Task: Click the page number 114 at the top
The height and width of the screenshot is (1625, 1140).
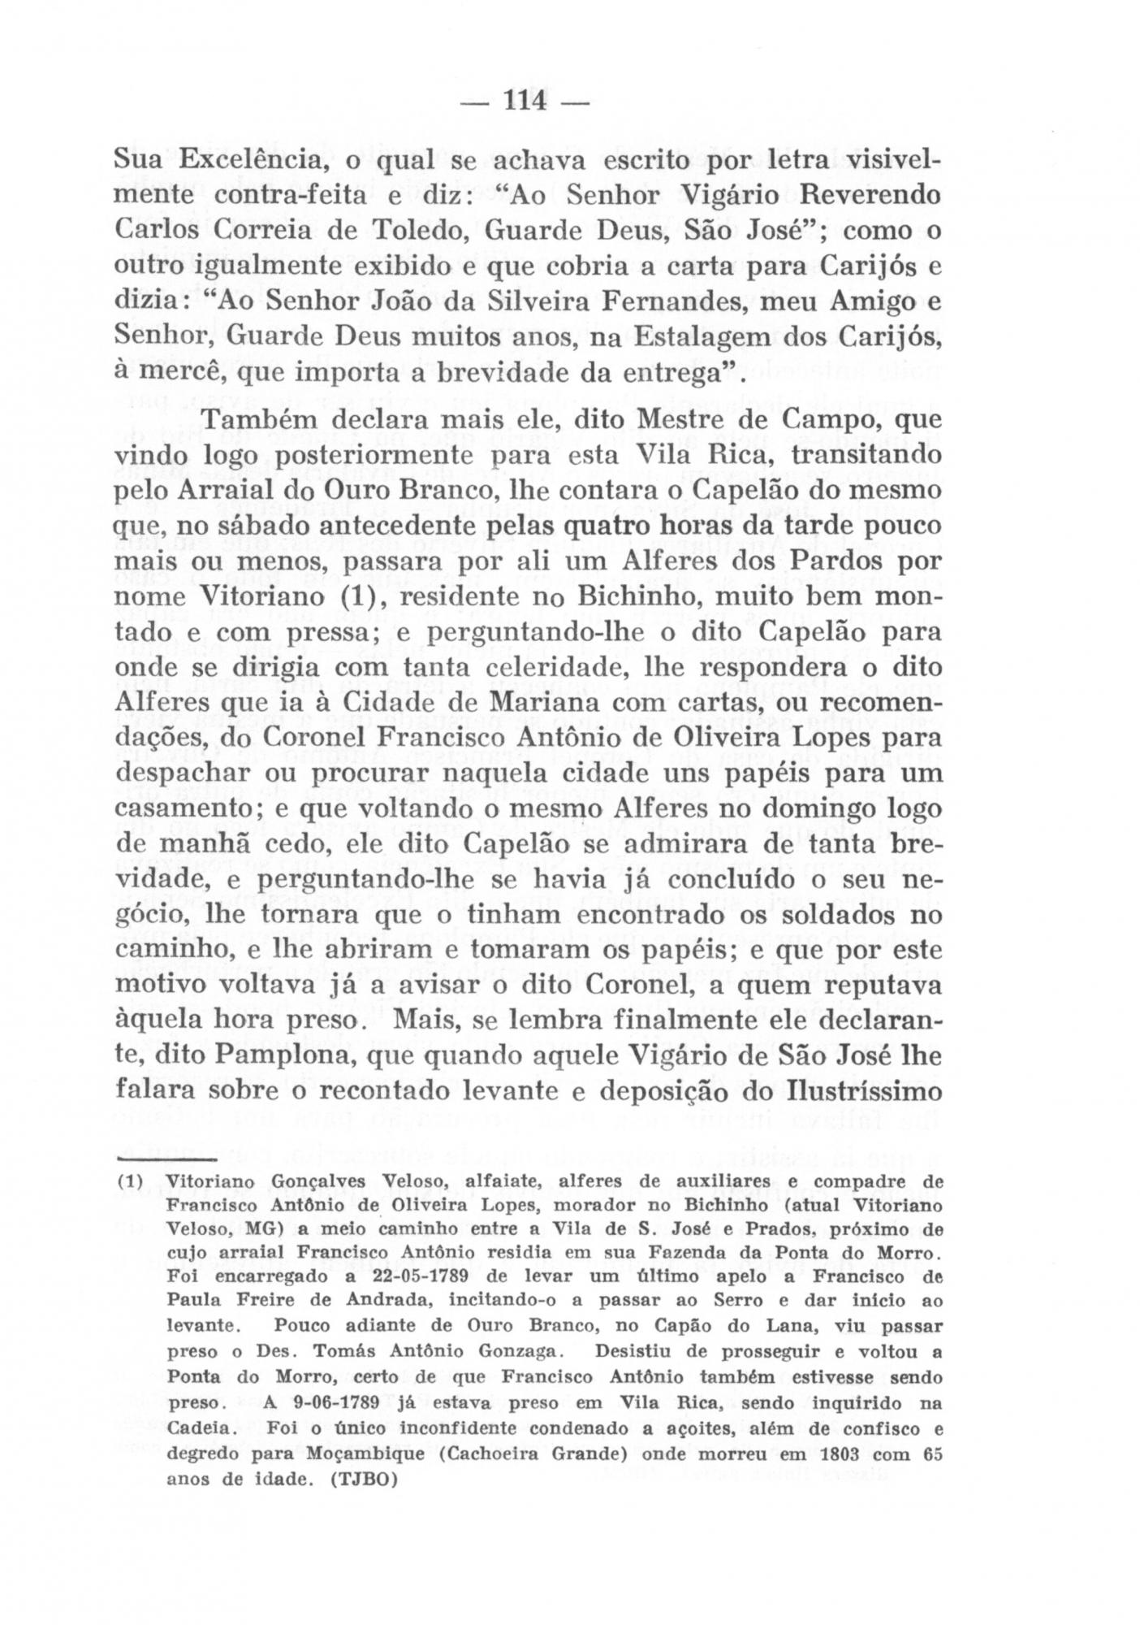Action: click(525, 104)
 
